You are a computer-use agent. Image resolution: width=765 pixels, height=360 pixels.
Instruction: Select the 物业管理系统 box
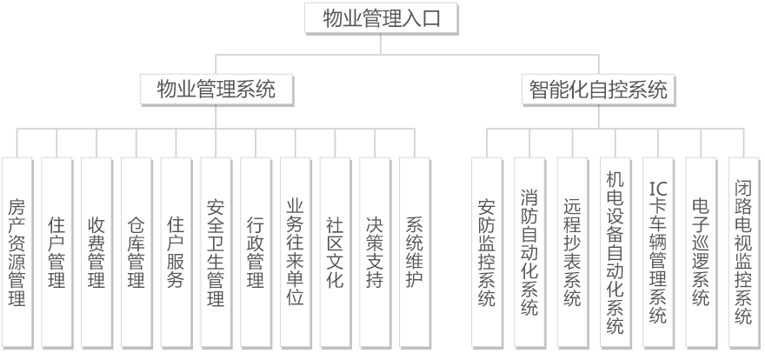216,90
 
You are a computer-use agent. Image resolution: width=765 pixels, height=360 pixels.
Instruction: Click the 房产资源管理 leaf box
17,252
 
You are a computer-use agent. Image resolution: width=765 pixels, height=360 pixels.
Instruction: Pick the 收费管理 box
96,252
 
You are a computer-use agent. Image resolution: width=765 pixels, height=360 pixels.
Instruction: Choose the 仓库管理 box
136,252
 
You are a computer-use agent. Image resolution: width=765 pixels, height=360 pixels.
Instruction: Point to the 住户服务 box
176,252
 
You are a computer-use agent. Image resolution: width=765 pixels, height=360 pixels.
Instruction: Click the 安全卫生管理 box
216,252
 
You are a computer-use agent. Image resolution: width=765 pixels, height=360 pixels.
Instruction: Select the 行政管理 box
256,252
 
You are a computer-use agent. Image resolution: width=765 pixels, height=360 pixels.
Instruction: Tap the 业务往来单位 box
296,252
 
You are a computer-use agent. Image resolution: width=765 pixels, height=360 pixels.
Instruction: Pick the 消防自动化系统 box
530,252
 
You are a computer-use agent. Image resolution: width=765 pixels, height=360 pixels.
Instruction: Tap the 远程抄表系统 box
573,252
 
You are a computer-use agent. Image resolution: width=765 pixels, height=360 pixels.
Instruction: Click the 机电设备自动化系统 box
615,252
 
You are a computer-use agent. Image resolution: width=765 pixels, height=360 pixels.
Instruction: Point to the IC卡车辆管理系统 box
658,252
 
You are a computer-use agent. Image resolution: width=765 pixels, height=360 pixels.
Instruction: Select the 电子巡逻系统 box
701,252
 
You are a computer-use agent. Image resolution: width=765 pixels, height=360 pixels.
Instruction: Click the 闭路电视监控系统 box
743,252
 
